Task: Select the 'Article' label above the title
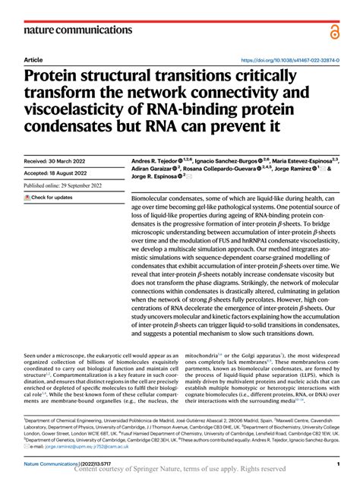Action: (33, 59)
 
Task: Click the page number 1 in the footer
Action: (336, 463)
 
